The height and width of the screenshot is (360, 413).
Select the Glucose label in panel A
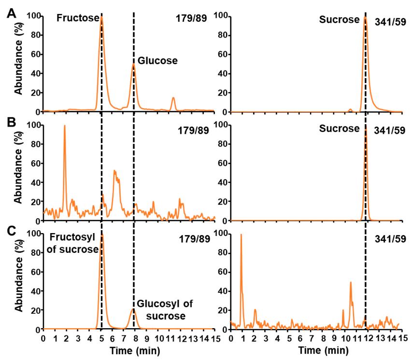[x=157, y=61]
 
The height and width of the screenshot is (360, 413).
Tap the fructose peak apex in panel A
[x=101, y=17]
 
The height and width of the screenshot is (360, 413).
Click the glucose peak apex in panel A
[x=134, y=64]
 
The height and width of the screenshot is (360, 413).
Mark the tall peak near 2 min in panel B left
[x=64, y=126]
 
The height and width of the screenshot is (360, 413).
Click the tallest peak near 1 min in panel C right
[x=241, y=235]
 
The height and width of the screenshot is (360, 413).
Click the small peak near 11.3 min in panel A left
[x=173, y=97]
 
